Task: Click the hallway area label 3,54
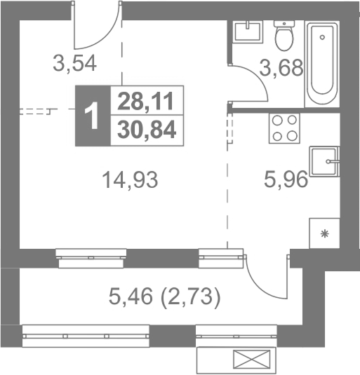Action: pos(74,64)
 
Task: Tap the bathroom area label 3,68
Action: pos(281,68)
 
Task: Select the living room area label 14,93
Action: pos(130,179)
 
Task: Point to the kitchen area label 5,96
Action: pos(286,179)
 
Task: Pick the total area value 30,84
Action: pos(147,130)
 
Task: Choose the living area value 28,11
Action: pos(145,102)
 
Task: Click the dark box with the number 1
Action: pos(93,116)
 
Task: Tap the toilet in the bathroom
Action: pos(284,35)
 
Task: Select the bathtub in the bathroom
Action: pos(322,64)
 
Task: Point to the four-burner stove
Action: pos(284,128)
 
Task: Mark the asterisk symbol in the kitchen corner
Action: pos(325,233)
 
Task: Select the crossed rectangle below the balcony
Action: pos(251,358)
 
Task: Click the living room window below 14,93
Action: pos(91,258)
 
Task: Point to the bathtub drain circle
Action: pos(322,37)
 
